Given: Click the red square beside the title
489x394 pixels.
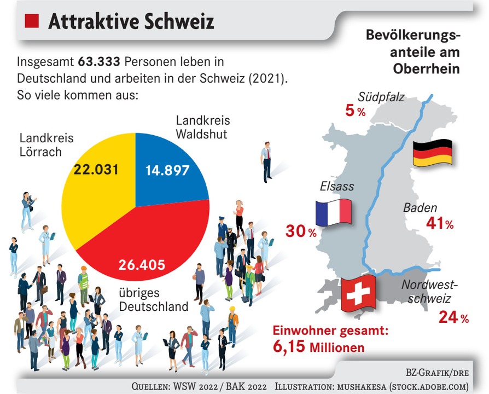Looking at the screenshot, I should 32,22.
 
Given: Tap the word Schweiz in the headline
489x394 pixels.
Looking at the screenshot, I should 181,21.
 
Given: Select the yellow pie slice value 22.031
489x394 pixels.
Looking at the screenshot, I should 96,169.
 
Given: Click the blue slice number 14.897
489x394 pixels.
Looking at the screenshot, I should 167,170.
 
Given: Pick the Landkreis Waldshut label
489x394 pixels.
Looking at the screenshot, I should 203,127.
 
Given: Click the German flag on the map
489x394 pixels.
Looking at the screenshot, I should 432,153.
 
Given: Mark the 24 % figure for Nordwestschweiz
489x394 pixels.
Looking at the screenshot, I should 453,318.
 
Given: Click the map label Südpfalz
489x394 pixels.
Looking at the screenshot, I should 381,97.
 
